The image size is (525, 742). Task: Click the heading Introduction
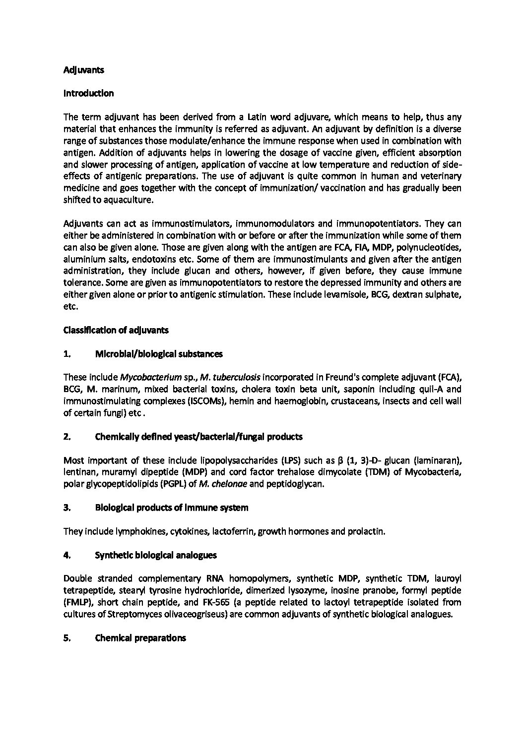(x=88, y=94)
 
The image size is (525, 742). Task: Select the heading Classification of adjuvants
(x=116, y=330)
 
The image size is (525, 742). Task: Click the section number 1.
(x=66, y=354)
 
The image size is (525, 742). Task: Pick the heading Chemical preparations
(x=140, y=638)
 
